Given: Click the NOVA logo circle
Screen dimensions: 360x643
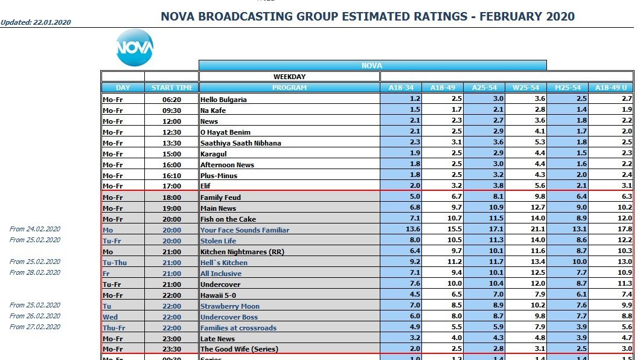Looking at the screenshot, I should [135, 47].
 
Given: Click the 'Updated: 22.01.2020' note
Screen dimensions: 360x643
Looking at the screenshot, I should [36, 22].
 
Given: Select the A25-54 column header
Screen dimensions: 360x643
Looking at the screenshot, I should [484, 88].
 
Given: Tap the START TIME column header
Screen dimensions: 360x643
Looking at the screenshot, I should [172, 88].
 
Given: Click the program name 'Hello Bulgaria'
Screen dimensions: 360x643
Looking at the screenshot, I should [223, 100].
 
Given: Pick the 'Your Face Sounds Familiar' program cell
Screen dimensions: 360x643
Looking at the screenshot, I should [245, 230].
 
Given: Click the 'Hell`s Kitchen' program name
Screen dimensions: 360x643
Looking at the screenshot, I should [224, 263].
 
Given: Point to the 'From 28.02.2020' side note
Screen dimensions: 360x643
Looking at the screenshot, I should [35, 272].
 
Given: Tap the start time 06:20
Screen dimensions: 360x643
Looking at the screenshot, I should [172, 100].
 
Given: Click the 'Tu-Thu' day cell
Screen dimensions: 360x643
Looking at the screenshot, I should [115, 263].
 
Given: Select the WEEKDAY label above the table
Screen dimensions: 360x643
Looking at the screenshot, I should [289, 77].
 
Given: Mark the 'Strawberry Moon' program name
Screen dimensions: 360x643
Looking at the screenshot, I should [230, 306].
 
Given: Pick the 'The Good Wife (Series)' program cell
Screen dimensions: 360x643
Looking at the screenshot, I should [240, 350].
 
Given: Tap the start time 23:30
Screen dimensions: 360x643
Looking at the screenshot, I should [172, 350].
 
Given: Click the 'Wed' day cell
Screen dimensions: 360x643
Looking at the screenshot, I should [110, 317].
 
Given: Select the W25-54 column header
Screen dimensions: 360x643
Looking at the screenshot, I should [525, 88].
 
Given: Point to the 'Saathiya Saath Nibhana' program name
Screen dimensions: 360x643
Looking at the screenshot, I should [241, 143].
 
